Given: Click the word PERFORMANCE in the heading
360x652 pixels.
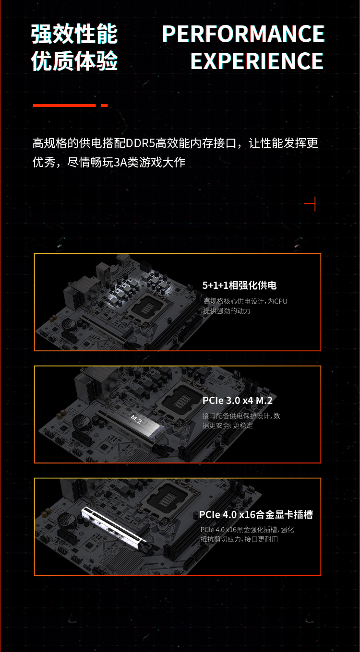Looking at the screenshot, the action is [243, 34].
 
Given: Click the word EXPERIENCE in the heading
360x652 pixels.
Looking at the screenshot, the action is [257, 61].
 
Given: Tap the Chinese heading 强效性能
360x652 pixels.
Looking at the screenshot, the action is [74, 34].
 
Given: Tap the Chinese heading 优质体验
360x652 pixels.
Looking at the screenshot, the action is [74, 61].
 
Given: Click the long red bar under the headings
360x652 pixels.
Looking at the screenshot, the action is [64, 106].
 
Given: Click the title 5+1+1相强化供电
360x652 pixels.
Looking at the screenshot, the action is [240, 285].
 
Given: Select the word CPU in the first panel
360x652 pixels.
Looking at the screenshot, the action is [281, 301].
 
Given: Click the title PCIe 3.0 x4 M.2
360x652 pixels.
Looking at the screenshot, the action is [238, 401].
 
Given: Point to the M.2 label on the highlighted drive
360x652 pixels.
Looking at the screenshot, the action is [136, 419].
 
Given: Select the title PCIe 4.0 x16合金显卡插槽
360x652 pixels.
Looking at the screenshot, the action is [256, 515].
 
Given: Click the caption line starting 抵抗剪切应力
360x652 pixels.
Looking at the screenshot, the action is [239, 539].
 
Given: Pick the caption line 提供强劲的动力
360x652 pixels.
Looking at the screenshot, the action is [227, 311].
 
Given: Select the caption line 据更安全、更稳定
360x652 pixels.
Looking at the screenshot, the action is [228, 426].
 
